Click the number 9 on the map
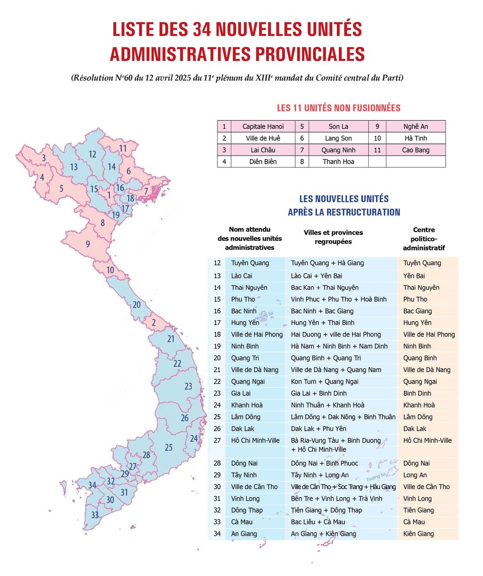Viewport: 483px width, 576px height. click(x=88, y=244)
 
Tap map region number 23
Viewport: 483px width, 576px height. click(x=188, y=386)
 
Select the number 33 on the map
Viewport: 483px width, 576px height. click(x=95, y=515)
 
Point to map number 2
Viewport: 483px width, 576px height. click(x=154, y=323)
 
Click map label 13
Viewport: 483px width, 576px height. click(x=74, y=167)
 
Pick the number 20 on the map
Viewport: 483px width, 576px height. click(x=136, y=304)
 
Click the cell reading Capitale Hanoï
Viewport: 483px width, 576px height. click(x=263, y=126)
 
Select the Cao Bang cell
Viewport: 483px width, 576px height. click(x=416, y=150)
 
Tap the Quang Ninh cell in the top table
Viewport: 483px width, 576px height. click(x=338, y=150)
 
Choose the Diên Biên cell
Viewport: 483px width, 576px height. click(x=263, y=162)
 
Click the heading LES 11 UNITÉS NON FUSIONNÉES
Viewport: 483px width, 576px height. click(x=339, y=108)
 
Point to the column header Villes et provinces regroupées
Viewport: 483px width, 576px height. click(x=333, y=237)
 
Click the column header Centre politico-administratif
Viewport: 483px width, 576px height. click(x=424, y=239)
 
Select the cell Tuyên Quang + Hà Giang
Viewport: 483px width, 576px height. click(x=327, y=263)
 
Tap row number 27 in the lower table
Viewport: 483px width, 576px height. click(x=217, y=440)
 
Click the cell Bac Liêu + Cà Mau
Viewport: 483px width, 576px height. click(x=318, y=522)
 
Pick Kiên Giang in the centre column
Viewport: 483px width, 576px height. click(x=418, y=534)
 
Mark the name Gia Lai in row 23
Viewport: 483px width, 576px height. click(x=241, y=393)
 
